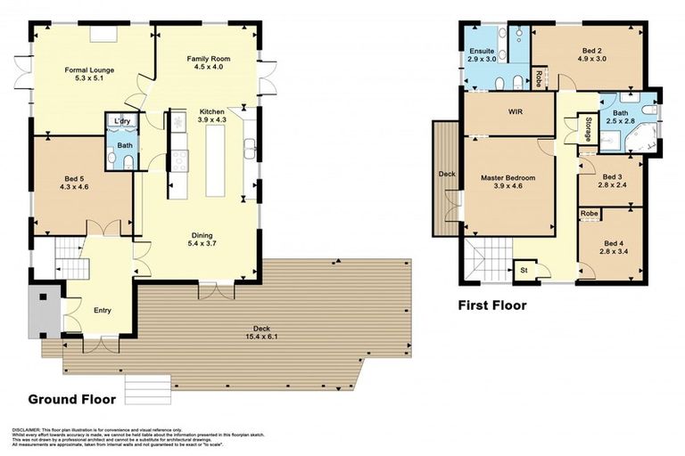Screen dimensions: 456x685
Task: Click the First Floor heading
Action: point(492,305)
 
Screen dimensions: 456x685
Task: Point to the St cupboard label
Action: point(522,270)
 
